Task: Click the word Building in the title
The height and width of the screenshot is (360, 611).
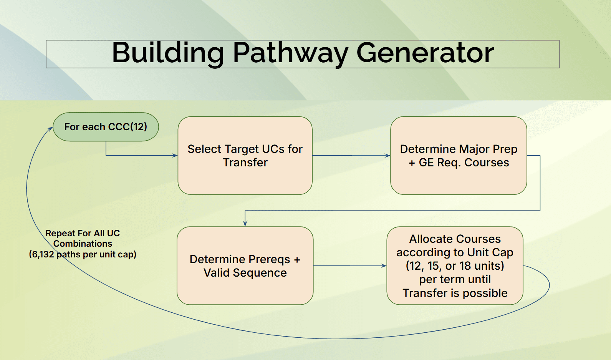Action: pyautogui.click(x=168, y=53)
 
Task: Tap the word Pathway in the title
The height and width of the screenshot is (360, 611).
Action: pyautogui.click(x=290, y=53)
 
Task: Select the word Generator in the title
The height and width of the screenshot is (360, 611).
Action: pyautogui.click(x=425, y=53)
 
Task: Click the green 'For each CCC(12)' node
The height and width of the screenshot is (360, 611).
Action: pyautogui.click(x=106, y=127)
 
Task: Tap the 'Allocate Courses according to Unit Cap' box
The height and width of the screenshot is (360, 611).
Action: pyautogui.click(x=455, y=246)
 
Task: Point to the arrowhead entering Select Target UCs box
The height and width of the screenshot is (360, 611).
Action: pyautogui.click(x=175, y=156)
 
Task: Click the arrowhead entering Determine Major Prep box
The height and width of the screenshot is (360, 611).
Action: pyautogui.click(x=388, y=156)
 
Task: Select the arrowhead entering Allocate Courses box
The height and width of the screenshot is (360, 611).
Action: pyautogui.click(x=384, y=266)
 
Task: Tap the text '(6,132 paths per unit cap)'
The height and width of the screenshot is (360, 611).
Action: pyautogui.click(x=83, y=254)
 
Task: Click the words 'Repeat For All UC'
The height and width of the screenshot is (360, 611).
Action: pyautogui.click(x=83, y=233)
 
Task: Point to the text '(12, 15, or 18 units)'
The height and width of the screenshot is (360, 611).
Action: pyautogui.click(x=455, y=266)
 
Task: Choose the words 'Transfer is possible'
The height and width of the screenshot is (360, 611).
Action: pyautogui.click(x=455, y=293)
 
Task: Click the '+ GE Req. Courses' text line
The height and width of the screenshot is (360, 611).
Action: pyautogui.click(x=459, y=163)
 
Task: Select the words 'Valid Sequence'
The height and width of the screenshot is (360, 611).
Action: pyautogui.click(x=245, y=273)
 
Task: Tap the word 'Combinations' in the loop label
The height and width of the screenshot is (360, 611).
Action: pyautogui.click(x=83, y=244)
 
